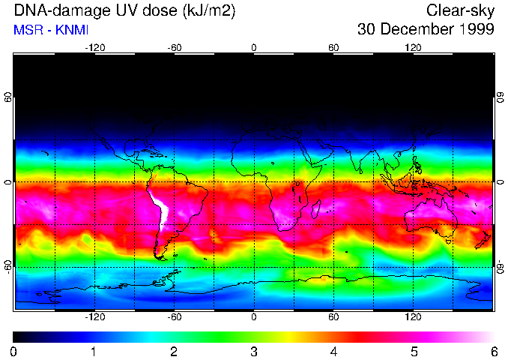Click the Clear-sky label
[x=460, y=10]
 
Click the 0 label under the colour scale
[x=14, y=351]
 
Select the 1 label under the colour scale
[x=94, y=351]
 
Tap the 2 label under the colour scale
[x=174, y=351]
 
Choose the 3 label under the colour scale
[x=254, y=351]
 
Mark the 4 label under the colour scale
[x=333, y=351]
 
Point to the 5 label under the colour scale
[x=414, y=351]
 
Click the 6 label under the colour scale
[x=493, y=351]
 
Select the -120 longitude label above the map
[x=94, y=48]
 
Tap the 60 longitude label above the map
[x=333, y=48]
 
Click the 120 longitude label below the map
[x=413, y=317]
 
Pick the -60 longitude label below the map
[x=174, y=317]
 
